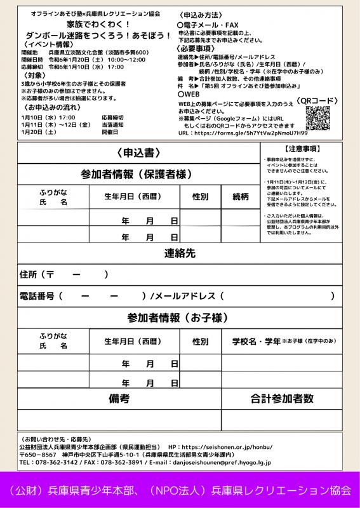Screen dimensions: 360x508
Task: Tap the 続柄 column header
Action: pyautogui.click(x=241, y=196)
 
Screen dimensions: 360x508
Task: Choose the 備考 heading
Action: pyautogui.click(x=119, y=399)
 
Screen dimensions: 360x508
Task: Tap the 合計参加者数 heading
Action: pyautogui.click(x=282, y=399)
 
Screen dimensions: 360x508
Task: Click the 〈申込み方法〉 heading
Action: pyautogui.click(x=201, y=13)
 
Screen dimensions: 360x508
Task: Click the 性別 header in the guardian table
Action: pyautogui.click(x=200, y=196)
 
